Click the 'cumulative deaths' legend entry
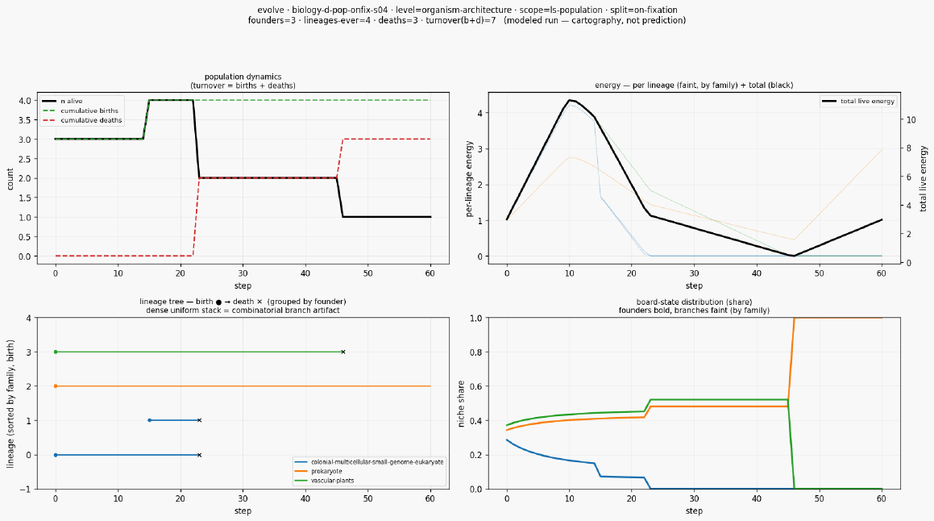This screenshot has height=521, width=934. pos(82,120)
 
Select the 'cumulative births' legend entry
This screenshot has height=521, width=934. pos(81,110)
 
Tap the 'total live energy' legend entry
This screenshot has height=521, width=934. pos(858,102)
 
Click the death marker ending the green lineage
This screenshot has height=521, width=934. pos(343,352)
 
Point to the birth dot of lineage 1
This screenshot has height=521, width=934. pos(150,420)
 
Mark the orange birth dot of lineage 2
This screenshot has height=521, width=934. pos(56,386)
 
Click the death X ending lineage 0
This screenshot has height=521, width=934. pos(200,455)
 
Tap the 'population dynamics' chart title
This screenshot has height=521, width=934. pos(243,77)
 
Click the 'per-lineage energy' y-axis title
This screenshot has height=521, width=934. pos(469,179)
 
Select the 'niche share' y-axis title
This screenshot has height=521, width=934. pos(461,403)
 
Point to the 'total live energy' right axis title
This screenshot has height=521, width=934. pos(924,179)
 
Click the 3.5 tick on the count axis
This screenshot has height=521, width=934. pos(24,120)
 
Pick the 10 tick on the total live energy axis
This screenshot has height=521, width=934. pos(911,120)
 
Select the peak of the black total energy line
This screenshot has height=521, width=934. pos(570,100)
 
